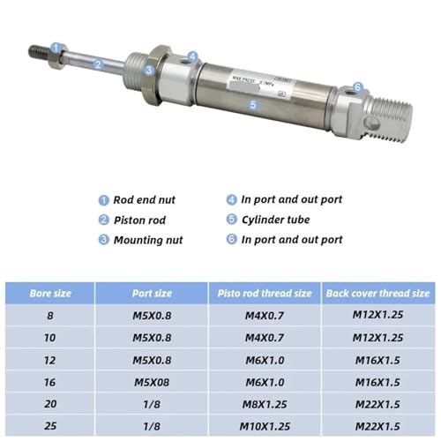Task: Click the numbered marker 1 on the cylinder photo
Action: click(56, 48)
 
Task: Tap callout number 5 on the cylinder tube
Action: click(253, 104)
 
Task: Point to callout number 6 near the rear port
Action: click(357, 86)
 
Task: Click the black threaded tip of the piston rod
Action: click(39, 52)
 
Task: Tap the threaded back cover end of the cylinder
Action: click(389, 118)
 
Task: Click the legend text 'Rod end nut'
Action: click(145, 200)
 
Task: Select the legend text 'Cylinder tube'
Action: click(276, 220)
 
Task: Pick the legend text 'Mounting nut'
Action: click(148, 240)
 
